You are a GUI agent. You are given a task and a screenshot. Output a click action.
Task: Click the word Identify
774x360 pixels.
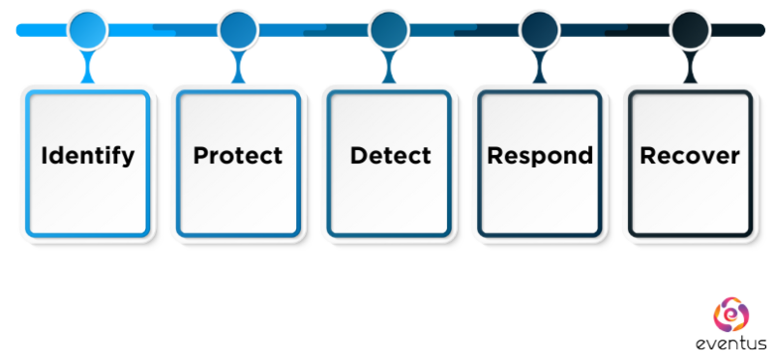[88, 156]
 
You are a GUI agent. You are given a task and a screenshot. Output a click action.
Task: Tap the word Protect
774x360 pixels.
[238, 156]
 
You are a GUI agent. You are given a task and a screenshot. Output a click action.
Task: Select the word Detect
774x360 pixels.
[390, 156]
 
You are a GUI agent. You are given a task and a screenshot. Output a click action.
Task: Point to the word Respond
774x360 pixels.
[540, 156]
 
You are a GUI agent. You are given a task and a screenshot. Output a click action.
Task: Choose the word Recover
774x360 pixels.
[690, 156]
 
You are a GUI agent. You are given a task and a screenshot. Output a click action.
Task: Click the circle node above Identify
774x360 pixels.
[87, 30]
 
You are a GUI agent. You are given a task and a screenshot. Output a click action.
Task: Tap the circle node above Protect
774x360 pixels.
[238, 30]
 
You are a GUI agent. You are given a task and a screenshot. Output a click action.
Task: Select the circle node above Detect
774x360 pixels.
[389, 30]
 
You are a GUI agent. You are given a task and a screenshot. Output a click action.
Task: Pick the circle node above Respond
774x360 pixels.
[539, 30]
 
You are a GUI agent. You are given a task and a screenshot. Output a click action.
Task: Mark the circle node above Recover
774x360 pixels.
[690, 30]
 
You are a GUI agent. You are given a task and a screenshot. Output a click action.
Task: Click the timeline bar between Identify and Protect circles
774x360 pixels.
[163, 30]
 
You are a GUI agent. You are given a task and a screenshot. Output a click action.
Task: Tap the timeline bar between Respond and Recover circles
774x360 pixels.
[614, 30]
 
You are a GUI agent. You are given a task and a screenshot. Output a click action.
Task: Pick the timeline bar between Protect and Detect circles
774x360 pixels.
[313, 30]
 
